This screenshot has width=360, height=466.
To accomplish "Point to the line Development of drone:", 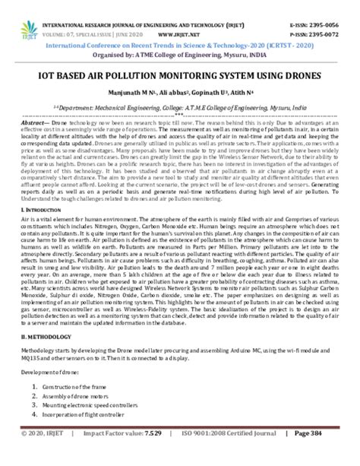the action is pos(52,393).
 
